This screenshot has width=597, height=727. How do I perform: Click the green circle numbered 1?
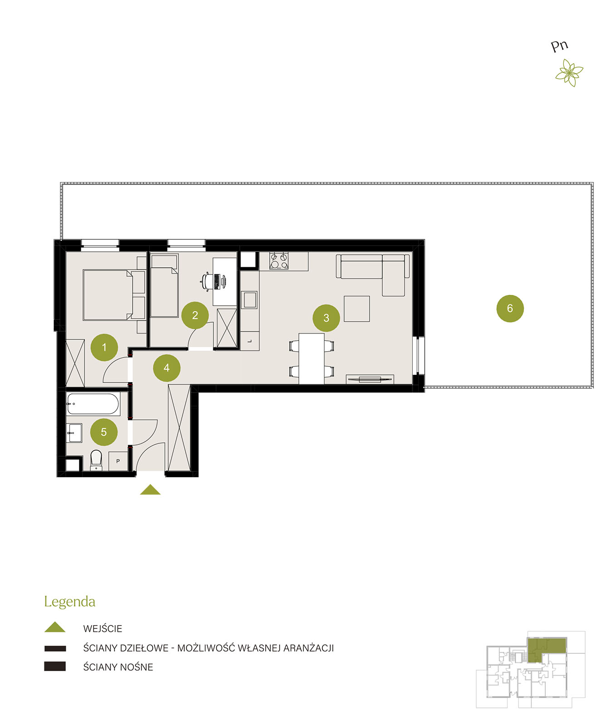click(x=104, y=347)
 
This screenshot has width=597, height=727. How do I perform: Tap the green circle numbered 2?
click(x=195, y=315)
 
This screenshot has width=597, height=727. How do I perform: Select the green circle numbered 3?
click(x=326, y=318)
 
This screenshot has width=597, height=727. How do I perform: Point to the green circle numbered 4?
click(x=167, y=368)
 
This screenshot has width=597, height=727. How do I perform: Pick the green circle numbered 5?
click(x=104, y=432)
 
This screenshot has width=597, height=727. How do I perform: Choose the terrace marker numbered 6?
click(x=510, y=308)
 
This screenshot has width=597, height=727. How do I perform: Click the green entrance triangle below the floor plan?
click(x=150, y=489)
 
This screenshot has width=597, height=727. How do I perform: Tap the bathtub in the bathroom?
click(x=93, y=404)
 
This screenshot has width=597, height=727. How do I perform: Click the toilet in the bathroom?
click(x=96, y=460)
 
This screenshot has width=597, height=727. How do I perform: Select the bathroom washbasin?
click(x=74, y=433)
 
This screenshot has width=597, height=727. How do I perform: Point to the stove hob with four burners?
click(x=279, y=261)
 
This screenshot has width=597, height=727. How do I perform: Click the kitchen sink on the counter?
click(x=249, y=300)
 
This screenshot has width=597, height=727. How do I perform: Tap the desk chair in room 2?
click(x=206, y=281)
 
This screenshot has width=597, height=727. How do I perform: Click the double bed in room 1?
click(x=108, y=295)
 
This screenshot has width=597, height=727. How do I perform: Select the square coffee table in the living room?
click(x=356, y=309)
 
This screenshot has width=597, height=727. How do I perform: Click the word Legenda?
click(x=69, y=601)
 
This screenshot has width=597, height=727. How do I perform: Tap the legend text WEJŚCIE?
click(x=103, y=628)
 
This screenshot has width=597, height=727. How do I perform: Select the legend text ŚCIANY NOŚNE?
click(x=118, y=667)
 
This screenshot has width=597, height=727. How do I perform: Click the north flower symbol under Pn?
click(x=569, y=73)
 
